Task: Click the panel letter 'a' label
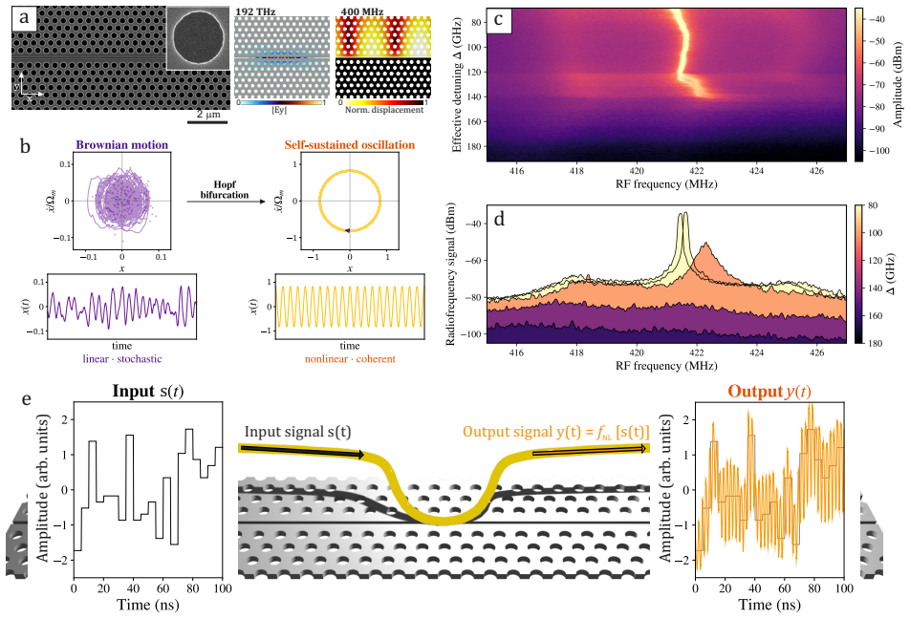(x=24, y=17)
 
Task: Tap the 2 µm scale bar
(x=207, y=122)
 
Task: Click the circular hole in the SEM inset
(x=198, y=37)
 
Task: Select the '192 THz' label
(x=255, y=11)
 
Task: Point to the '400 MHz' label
(x=362, y=11)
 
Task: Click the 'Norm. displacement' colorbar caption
(x=384, y=110)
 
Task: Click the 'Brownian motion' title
(x=122, y=145)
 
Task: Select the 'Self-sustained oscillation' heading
(x=350, y=145)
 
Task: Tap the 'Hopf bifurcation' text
(x=225, y=190)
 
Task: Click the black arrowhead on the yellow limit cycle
(x=348, y=230)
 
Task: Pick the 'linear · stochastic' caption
(x=122, y=358)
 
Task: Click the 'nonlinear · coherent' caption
(x=350, y=359)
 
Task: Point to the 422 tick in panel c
(x=697, y=171)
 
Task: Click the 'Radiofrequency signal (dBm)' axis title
(x=450, y=274)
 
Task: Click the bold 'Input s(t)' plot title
(x=148, y=391)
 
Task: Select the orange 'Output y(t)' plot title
(x=769, y=392)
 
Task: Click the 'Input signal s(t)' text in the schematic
(x=297, y=432)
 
